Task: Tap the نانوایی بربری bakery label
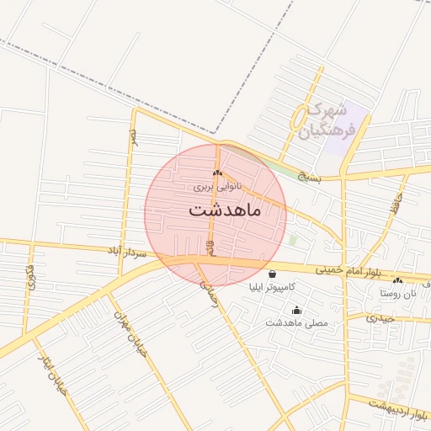point(217,185)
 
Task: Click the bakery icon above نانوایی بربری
point(218,173)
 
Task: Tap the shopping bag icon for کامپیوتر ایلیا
point(271,274)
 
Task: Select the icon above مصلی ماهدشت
point(295,310)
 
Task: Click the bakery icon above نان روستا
point(398,280)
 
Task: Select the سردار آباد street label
point(126,251)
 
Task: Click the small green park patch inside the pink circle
point(293,240)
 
